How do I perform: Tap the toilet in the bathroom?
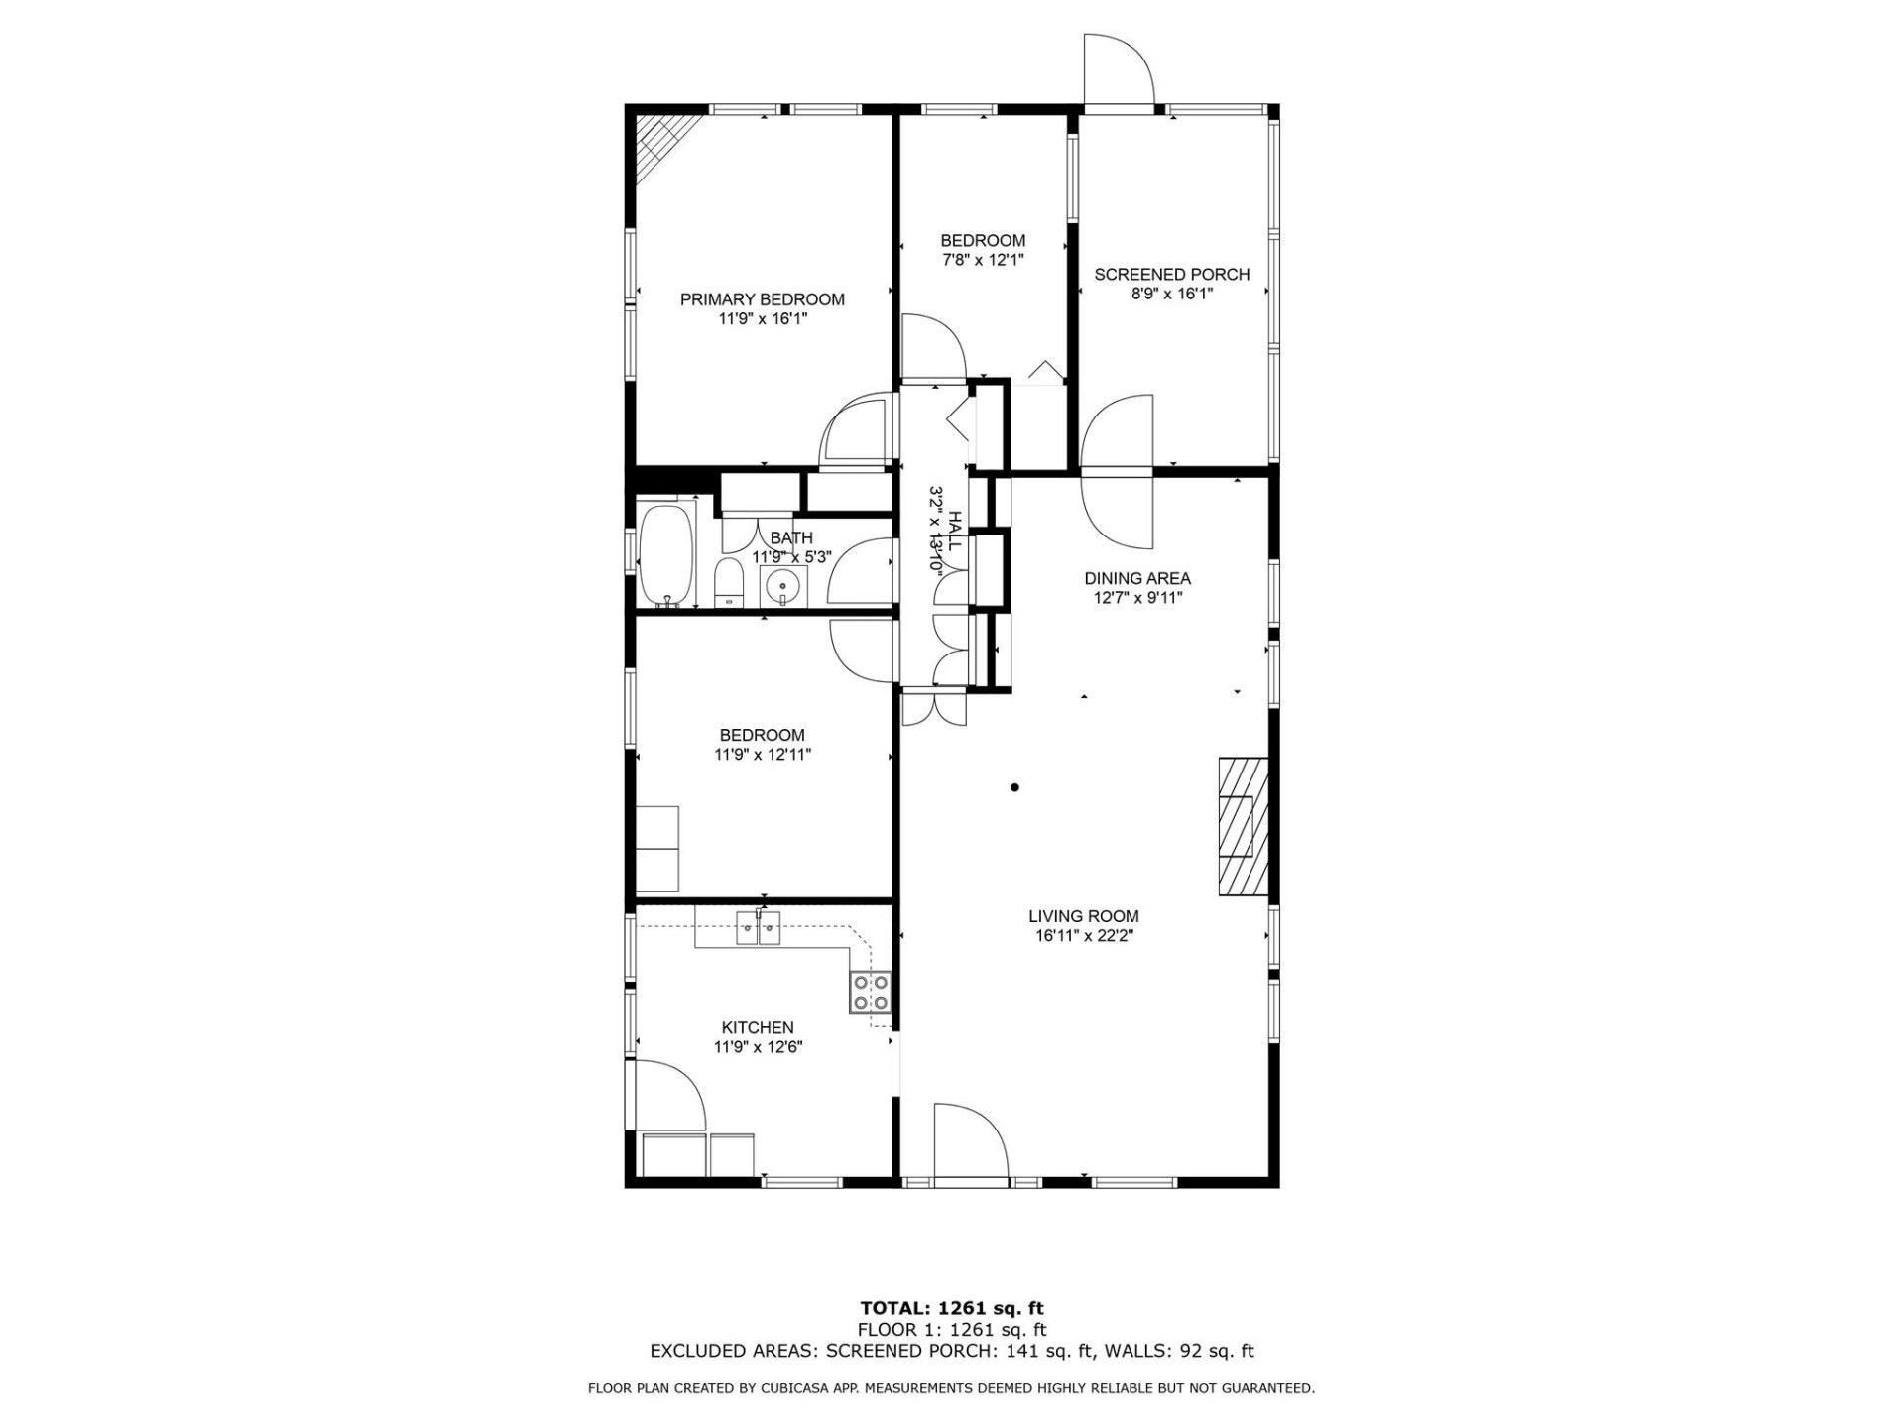[x=729, y=582]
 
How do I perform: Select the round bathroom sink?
[x=783, y=587]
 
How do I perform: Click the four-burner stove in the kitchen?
[x=870, y=993]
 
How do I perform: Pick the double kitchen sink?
[x=759, y=930]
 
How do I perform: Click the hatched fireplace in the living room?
[x=1243, y=826]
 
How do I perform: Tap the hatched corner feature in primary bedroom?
[x=662, y=146]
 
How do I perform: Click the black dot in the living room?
[x=1014, y=788]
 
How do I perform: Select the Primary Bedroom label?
[x=762, y=299]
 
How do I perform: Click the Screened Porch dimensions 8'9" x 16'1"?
[x=1172, y=294]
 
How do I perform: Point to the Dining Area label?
[x=1136, y=578]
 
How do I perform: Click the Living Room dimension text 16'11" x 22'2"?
[x=1083, y=935]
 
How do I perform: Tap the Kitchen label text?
[x=757, y=1027]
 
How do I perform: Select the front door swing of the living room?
[x=969, y=1140]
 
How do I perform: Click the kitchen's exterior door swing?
[x=666, y=1096]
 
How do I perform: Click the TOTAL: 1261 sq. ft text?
[x=951, y=1308]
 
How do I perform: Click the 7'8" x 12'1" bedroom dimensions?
[x=982, y=260]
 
